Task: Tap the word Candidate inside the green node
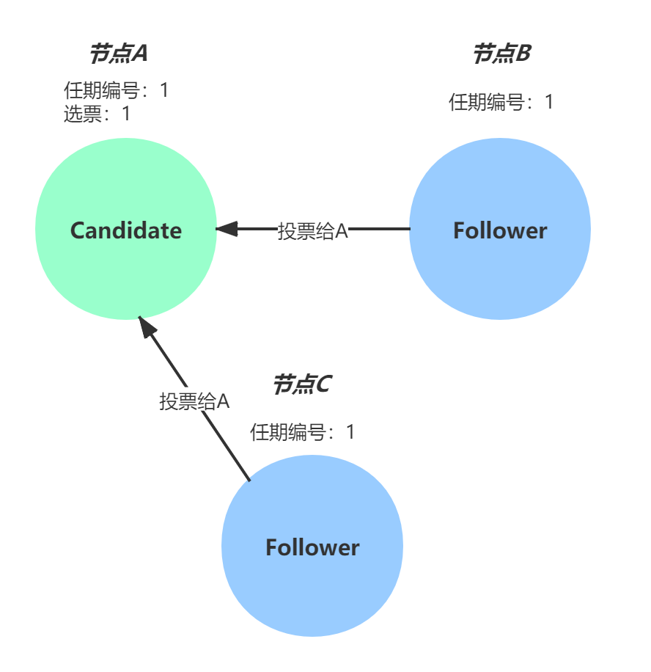point(125,230)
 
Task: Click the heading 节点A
point(119,53)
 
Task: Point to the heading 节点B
point(501,53)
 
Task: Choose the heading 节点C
point(302,384)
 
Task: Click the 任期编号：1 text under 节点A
point(116,90)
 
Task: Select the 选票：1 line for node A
point(97,113)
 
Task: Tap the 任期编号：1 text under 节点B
point(501,102)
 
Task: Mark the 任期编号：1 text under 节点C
point(302,432)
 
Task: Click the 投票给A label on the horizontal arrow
point(312,230)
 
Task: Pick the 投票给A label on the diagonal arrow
point(195,401)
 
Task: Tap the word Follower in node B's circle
point(500,230)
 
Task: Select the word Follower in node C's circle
point(312,547)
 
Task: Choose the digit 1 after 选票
point(125,113)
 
